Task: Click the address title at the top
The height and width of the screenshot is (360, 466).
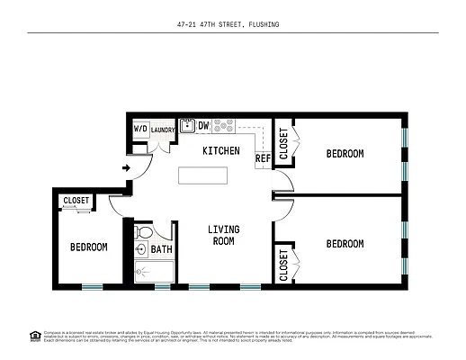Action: coord(232,24)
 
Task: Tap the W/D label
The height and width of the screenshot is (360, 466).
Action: coord(140,130)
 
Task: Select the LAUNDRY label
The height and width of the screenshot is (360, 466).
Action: coord(162,130)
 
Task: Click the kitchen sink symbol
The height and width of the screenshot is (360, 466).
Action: coord(186,126)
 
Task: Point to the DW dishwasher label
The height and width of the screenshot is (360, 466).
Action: coord(203,126)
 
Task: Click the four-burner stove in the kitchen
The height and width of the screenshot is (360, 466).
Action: coord(223,126)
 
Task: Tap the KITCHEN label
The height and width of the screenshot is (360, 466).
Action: coord(220,150)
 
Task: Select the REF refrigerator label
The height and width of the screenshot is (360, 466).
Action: coord(263,158)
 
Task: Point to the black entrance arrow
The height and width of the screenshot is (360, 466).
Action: coord(127,167)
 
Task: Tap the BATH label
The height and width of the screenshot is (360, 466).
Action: coord(161,249)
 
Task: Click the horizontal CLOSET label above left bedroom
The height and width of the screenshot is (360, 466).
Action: coord(76,201)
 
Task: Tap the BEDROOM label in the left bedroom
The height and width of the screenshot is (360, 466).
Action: coord(89,247)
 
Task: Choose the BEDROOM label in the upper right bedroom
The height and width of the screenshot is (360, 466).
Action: coord(345,154)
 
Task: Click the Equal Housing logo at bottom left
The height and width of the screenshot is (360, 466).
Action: coord(35,337)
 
